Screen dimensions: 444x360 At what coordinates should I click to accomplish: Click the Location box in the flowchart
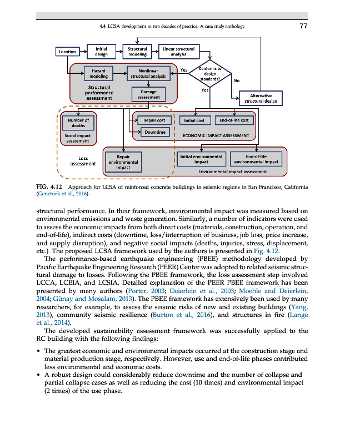pyautogui.click(x=67, y=52)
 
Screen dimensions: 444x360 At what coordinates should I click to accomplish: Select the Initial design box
pyautogui.click(x=101, y=52)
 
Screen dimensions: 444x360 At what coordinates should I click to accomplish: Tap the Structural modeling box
pyautogui.click(x=137, y=52)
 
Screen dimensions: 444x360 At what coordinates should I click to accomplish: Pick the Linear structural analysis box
pyautogui.click(x=178, y=52)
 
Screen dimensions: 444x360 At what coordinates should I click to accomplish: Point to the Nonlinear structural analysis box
pyautogui.click(x=147, y=73)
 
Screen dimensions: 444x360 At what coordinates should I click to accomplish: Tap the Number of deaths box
pyautogui.click(x=78, y=122)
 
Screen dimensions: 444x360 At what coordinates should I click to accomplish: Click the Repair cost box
pyautogui.click(x=153, y=120)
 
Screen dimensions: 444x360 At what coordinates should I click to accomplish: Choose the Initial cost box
pyautogui.click(x=193, y=120)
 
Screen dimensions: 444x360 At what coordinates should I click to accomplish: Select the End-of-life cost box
pyautogui.click(x=234, y=120)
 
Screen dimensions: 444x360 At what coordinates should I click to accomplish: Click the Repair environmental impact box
pyautogui.click(x=123, y=162)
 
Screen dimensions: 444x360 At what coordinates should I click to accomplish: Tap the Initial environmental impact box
pyautogui.click(x=201, y=159)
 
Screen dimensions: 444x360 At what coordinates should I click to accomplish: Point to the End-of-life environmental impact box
pyautogui.click(x=256, y=159)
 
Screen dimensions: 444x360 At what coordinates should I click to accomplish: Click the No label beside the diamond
pyautogui.click(x=237, y=80)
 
